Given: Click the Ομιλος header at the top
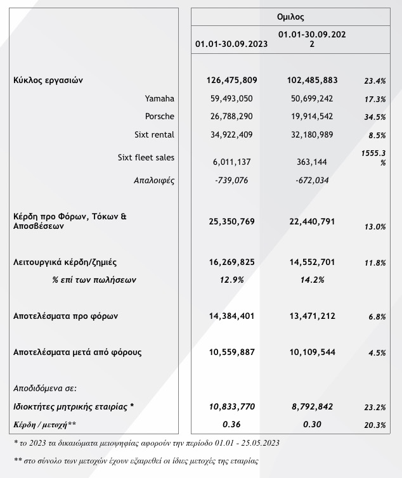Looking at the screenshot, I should point(290,17).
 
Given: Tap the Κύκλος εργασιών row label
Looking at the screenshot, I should point(48,81).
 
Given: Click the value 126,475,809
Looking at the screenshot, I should point(231,81).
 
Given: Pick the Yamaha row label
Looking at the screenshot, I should point(159,98).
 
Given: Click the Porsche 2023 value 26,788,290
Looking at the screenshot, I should point(231,117).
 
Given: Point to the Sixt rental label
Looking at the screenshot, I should point(154,134).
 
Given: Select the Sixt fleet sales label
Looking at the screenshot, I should point(146,157).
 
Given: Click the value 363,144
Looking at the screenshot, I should point(311,162).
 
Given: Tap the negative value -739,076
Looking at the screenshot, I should point(231,180).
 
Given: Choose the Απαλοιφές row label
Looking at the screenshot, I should point(153,180).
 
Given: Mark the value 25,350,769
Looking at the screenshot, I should point(231,222).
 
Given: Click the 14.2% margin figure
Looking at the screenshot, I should point(311,280).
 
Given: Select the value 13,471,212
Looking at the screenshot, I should point(311,316).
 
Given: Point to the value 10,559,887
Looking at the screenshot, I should point(231,352).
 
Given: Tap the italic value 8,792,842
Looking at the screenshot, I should point(311,406).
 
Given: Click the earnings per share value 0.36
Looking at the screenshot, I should point(231,423).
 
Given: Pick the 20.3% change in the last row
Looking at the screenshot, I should point(375,425).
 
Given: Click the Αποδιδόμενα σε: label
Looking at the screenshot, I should point(44,387).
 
